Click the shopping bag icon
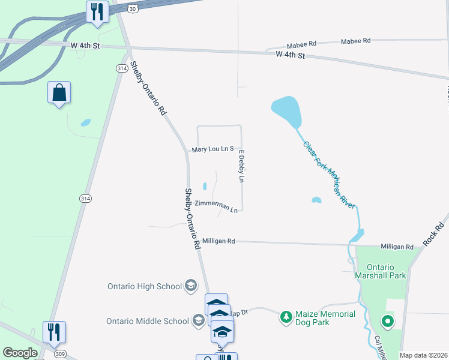point(59,93)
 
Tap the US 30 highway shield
point(133,5)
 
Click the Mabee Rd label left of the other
point(301,44)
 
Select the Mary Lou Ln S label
point(212,149)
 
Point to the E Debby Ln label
point(242,169)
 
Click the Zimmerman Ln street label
point(217,206)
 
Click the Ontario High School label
point(145,286)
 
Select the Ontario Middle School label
point(148,321)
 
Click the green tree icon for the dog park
point(287,316)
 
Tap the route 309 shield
point(59,354)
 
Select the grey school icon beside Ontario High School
point(191,285)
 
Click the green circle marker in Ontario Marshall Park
point(388,322)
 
